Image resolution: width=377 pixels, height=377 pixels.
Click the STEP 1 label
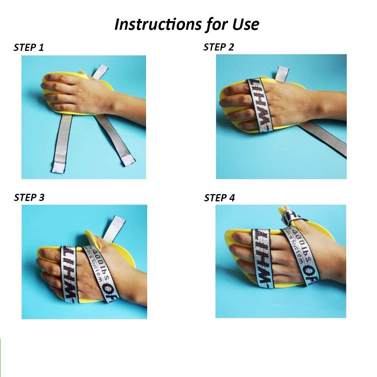coord(29,48)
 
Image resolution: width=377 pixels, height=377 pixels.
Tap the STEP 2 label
coord(219,47)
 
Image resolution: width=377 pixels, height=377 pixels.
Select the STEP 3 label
coord(29,198)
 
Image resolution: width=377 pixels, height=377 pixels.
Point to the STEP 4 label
coord(219,198)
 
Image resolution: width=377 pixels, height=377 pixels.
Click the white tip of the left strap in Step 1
coord(59,166)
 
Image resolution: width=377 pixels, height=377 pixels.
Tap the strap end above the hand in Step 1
coord(101,71)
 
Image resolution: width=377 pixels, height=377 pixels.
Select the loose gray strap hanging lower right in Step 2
coord(328,139)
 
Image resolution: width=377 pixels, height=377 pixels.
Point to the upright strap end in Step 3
coord(118,226)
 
